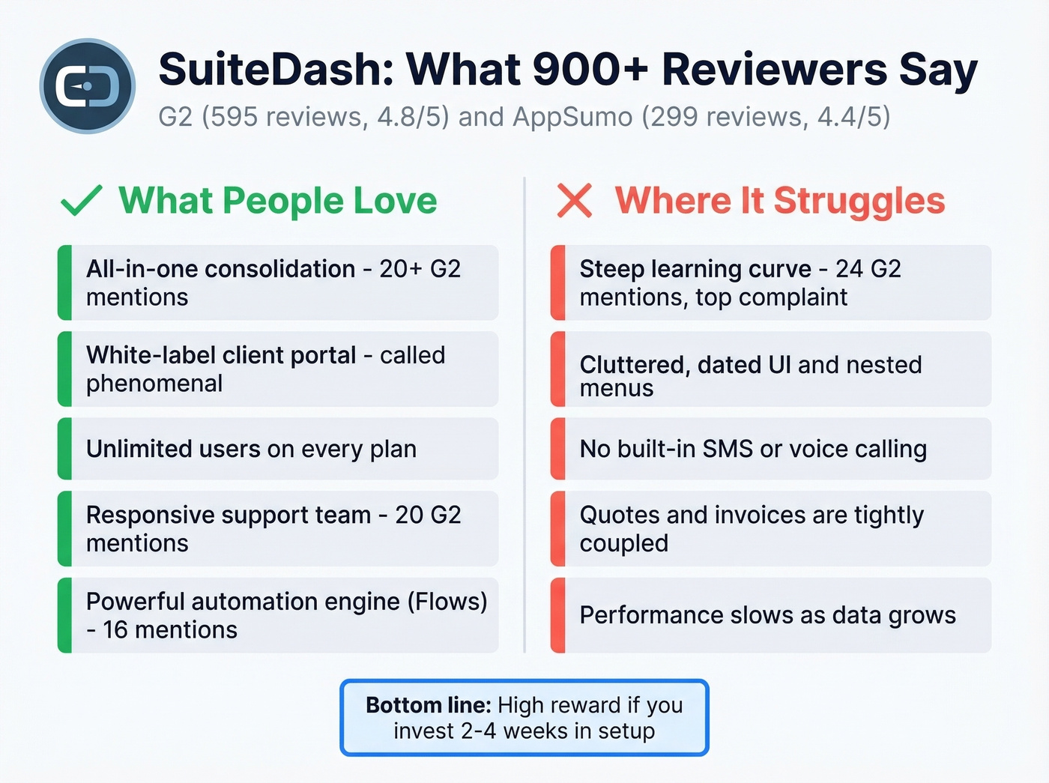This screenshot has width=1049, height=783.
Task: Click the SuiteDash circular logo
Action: pyautogui.click(x=88, y=86)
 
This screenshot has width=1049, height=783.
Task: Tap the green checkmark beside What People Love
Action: pyautogui.click(x=81, y=201)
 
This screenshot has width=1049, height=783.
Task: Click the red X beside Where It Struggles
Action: pyautogui.click(x=575, y=201)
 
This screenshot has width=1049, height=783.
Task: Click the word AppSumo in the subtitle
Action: pyautogui.click(x=572, y=117)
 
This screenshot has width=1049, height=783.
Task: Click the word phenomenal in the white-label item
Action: pyautogui.click(x=154, y=384)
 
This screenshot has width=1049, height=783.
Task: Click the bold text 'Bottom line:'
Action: pyautogui.click(x=428, y=705)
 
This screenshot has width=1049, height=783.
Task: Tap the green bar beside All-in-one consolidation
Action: pyautogui.click(x=65, y=282)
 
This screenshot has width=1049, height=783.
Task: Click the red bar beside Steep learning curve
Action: pyautogui.click(x=558, y=282)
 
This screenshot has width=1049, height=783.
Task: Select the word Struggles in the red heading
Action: pyautogui.click(x=859, y=201)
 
